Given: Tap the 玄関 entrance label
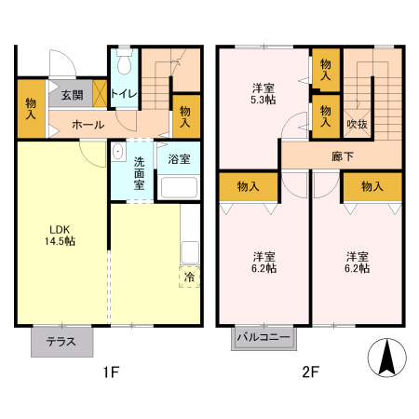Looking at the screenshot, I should pos(72,94).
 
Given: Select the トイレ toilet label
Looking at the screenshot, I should pos(124,94).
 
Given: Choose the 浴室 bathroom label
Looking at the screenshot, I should pos(179,159).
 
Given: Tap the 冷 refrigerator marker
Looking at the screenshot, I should pos(189,277).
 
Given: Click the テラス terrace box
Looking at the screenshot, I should pos(62,342).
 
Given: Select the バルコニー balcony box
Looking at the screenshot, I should pos(264,337).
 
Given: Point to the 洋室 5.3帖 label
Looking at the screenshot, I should pos(264,96).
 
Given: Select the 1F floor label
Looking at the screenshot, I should pos(111,374).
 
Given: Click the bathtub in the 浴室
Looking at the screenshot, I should pos(179,186).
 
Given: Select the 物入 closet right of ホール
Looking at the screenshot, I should pos(185,116).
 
